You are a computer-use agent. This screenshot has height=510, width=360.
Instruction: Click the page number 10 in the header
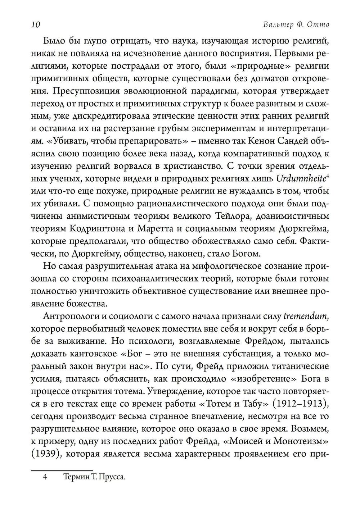pos(35,25)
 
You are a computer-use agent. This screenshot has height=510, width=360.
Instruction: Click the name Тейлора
pos(236,216)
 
